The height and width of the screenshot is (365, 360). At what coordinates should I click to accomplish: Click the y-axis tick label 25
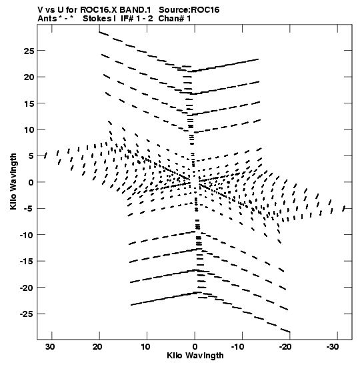pos(29,51)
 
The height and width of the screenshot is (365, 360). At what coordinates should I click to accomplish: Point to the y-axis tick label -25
pos(27,314)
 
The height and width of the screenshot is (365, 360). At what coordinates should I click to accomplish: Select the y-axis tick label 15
pos(29,103)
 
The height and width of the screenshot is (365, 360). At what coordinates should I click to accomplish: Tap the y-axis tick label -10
pos(27,235)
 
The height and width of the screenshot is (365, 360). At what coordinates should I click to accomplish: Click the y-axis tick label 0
pos(31,183)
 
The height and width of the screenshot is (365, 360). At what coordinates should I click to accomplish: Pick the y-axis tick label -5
pos(29,209)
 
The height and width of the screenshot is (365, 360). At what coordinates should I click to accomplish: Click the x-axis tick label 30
pos(50,347)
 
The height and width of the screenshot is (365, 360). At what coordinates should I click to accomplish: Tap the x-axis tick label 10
pos(145,347)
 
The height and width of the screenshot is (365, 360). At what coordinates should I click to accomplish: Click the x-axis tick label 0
pos(195,347)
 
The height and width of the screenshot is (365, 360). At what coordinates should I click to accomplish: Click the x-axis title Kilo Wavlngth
pos(195,356)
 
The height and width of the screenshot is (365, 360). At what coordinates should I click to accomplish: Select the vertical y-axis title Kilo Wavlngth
pos(13,181)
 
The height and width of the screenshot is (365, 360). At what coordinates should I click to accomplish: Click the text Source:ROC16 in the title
pos(189,10)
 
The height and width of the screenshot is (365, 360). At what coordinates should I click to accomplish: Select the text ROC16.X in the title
pos(99,10)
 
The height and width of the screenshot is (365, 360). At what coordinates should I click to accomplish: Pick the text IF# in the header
pos(127,19)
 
